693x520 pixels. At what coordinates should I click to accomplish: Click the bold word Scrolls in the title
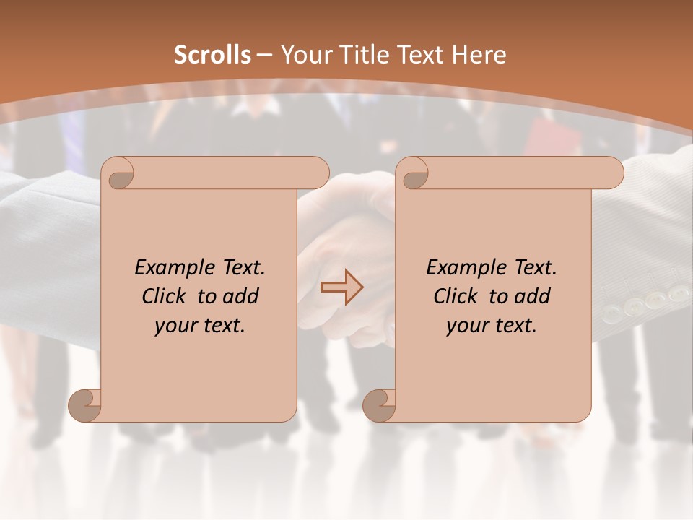pyautogui.click(x=212, y=55)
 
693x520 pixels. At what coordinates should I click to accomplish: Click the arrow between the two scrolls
pyautogui.click(x=341, y=287)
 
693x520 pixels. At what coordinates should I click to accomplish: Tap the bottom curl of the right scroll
pyautogui.click(x=380, y=405)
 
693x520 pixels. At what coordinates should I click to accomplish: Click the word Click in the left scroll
pyautogui.click(x=164, y=297)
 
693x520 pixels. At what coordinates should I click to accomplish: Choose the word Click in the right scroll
pyautogui.click(x=456, y=297)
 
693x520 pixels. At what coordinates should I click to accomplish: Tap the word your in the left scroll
pyautogui.click(x=175, y=326)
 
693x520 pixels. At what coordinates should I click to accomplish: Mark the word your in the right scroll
pyautogui.click(x=467, y=326)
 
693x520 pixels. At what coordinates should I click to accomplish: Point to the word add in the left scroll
pyautogui.click(x=242, y=297)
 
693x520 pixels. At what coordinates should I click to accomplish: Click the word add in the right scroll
pyautogui.click(x=533, y=297)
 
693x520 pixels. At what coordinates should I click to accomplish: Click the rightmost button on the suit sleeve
pyautogui.click(x=679, y=293)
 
